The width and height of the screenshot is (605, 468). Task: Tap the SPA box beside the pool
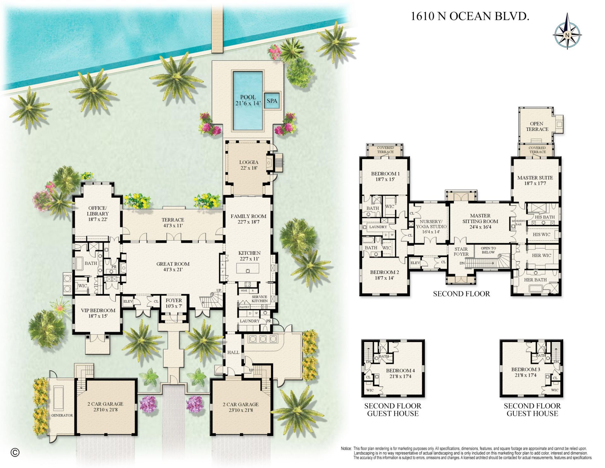pyautogui.click(x=272, y=101)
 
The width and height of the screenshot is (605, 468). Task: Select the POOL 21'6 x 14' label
pyautogui.click(x=248, y=100)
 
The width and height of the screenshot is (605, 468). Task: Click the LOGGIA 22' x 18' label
pyautogui.click(x=249, y=165)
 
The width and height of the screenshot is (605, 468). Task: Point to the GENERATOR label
pyautogui.click(x=62, y=415)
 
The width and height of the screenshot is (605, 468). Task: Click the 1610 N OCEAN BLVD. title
pyautogui.click(x=470, y=16)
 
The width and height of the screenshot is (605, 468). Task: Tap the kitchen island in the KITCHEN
pyautogui.click(x=248, y=268)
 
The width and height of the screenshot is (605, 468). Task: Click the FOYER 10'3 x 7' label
pyautogui.click(x=174, y=303)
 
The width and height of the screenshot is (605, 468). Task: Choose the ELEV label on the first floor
pyautogui.click(x=128, y=301)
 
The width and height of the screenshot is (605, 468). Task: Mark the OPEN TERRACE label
pyautogui.click(x=537, y=126)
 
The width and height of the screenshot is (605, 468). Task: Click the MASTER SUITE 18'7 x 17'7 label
pyautogui.click(x=535, y=180)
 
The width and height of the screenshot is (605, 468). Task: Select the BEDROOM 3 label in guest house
pyautogui.click(x=526, y=372)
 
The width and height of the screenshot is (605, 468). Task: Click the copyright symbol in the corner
pyautogui.click(x=15, y=453)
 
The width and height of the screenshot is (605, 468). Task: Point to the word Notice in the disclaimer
pyautogui.click(x=346, y=448)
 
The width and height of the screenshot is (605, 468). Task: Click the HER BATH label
pyautogui.click(x=535, y=280)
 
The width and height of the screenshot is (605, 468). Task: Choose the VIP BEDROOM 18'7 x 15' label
pyautogui.click(x=98, y=313)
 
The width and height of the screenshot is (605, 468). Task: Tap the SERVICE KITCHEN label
pyautogui.click(x=260, y=299)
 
